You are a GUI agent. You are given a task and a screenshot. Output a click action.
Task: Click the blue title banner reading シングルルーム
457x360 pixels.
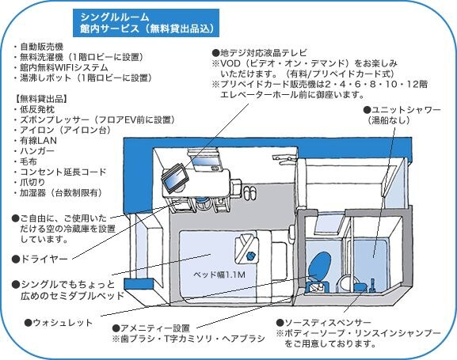146,23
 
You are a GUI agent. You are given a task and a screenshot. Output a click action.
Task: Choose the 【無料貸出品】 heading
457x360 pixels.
40,99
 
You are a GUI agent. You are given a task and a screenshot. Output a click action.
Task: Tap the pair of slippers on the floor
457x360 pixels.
250,192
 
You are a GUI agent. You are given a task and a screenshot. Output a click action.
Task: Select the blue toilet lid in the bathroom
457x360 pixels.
320,264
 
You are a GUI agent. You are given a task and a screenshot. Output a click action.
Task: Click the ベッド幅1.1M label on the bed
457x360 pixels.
219,275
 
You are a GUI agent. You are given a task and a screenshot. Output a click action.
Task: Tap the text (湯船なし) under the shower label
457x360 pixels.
389,120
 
